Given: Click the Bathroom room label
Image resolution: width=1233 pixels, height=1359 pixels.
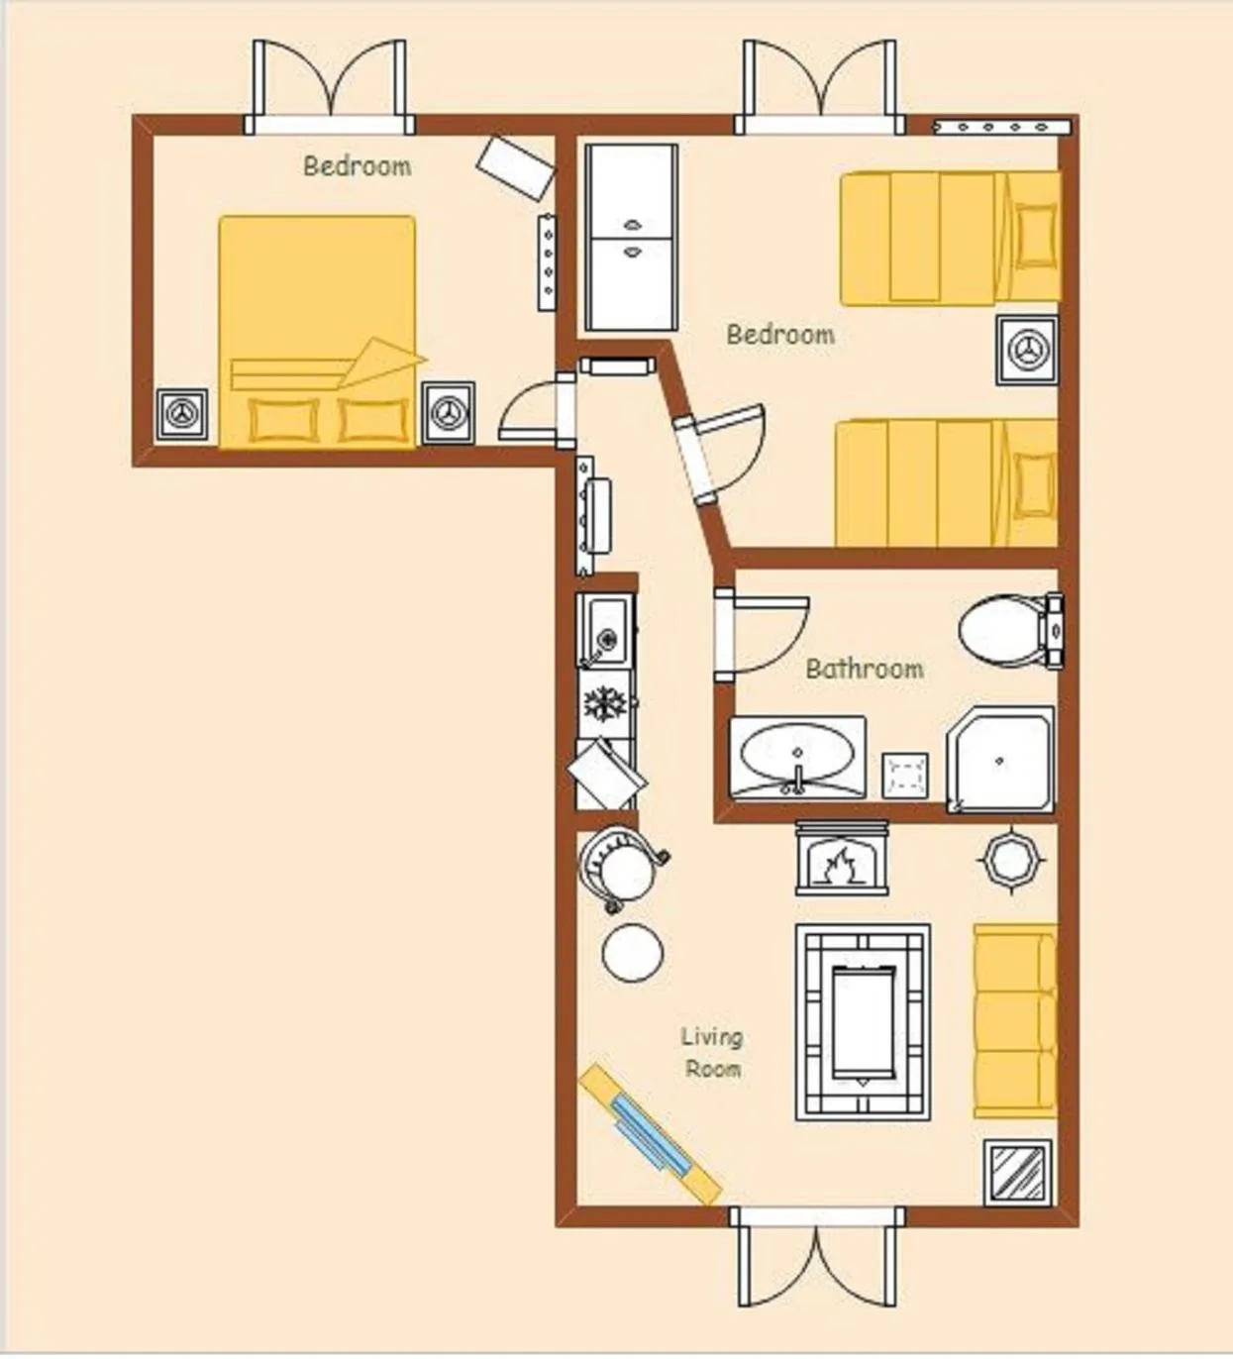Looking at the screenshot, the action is pos(865,669).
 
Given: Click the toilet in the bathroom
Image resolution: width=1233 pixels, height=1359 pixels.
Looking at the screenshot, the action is pos(1011,631).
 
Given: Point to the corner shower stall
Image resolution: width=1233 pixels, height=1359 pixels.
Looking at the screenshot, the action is pos(1000,760).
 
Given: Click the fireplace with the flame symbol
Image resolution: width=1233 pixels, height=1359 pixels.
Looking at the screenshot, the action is pos(842,858).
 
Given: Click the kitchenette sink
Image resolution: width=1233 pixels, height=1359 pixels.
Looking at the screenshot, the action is pos(605,629).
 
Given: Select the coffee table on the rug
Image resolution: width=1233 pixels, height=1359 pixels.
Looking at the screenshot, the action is pos(864,1023).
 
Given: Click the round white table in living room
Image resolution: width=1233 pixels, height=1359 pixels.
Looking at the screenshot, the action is pos(633,952).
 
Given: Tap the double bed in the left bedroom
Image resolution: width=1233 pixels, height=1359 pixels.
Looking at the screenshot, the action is pos(316,332).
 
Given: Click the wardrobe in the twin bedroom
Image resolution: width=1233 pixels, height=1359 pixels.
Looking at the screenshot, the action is pos(632,237).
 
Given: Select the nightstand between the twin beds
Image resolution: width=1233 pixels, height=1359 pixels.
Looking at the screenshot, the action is pos(1026,351).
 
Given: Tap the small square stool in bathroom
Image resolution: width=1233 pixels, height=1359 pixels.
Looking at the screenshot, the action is pos(905,775).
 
